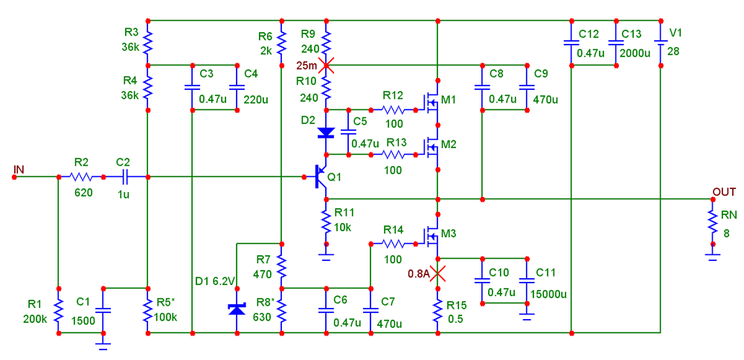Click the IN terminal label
19,170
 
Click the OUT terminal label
724,192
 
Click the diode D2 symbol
326,132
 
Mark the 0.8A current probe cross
437,273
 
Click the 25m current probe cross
326,65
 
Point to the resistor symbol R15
437,309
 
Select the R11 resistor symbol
326,221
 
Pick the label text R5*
166,303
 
